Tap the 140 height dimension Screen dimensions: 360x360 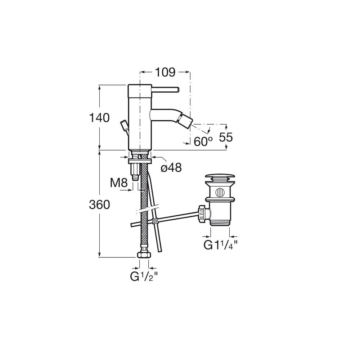pyautogui.click(x=99, y=118)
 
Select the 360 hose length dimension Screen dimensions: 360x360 pyautogui.click(x=99, y=204)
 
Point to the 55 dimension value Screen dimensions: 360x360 pyautogui.click(x=226, y=137)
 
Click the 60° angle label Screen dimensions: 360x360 pyautogui.click(x=203, y=141)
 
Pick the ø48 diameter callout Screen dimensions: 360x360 pyautogui.click(x=171, y=168)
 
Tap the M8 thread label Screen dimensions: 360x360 pyautogui.click(x=119, y=183)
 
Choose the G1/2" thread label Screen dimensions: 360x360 pyautogui.click(x=144, y=276)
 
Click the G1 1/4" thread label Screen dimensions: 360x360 pyautogui.click(x=220, y=245)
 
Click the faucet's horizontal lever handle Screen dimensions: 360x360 pyautogui.click(x=165, y=89)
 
